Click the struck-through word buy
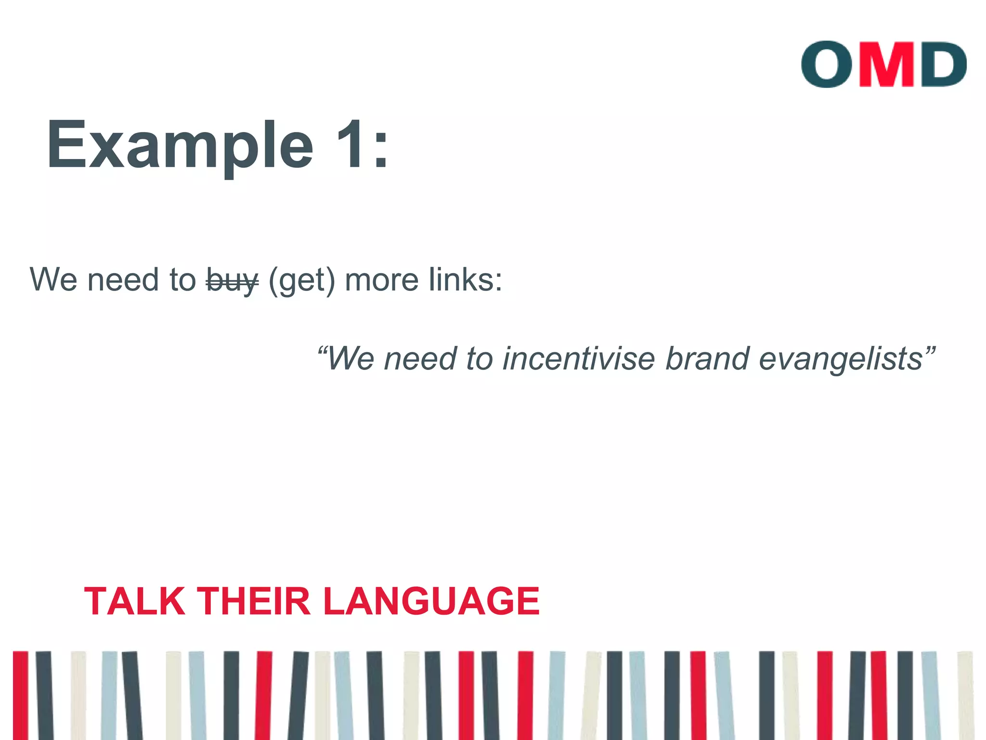click(232, 280)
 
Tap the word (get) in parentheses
click(301, 280)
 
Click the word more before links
click(381, 280)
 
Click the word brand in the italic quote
click(707, 358)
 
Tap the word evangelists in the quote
click(841, 359)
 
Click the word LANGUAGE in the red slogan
click(431, 601)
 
